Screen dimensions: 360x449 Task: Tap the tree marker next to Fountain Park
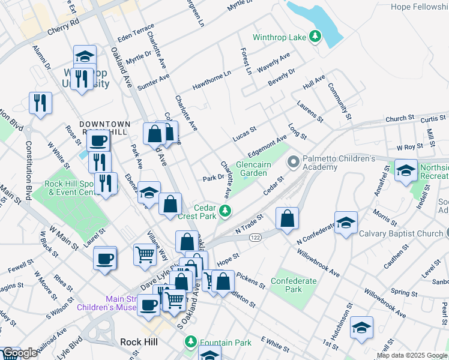(191, 342)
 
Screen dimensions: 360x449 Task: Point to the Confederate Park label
(294, 285)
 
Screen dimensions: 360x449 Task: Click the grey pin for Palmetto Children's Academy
(294, 162)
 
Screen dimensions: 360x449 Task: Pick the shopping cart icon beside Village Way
(145, 254)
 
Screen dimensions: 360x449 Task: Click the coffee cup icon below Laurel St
(105, 259)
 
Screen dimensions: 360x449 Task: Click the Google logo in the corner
(20, 353)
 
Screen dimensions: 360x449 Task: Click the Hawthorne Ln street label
(211, 81)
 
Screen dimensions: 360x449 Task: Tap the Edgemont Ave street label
(268, 144)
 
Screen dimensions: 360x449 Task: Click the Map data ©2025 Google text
(412, 355)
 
